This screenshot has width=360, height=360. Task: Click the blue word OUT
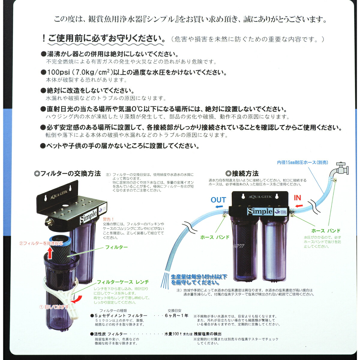(218, 200)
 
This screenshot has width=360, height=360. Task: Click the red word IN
(297, 198)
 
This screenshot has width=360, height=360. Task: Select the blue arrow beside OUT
(219, 207)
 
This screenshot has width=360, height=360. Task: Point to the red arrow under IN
(299, 206)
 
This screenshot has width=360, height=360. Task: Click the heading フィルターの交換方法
(67, 174)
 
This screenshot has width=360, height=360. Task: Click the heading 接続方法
(242, 173)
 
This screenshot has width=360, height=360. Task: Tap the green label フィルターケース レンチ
(123, 282)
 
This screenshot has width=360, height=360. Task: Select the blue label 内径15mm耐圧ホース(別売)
(302, 162)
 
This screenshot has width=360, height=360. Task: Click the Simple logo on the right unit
(260, 211)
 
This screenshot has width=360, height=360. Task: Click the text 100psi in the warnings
(58, 73)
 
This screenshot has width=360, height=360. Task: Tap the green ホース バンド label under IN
(326, 231)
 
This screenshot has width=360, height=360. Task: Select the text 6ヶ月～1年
(176, 316)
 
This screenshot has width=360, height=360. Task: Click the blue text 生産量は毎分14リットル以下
(199, 277)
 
